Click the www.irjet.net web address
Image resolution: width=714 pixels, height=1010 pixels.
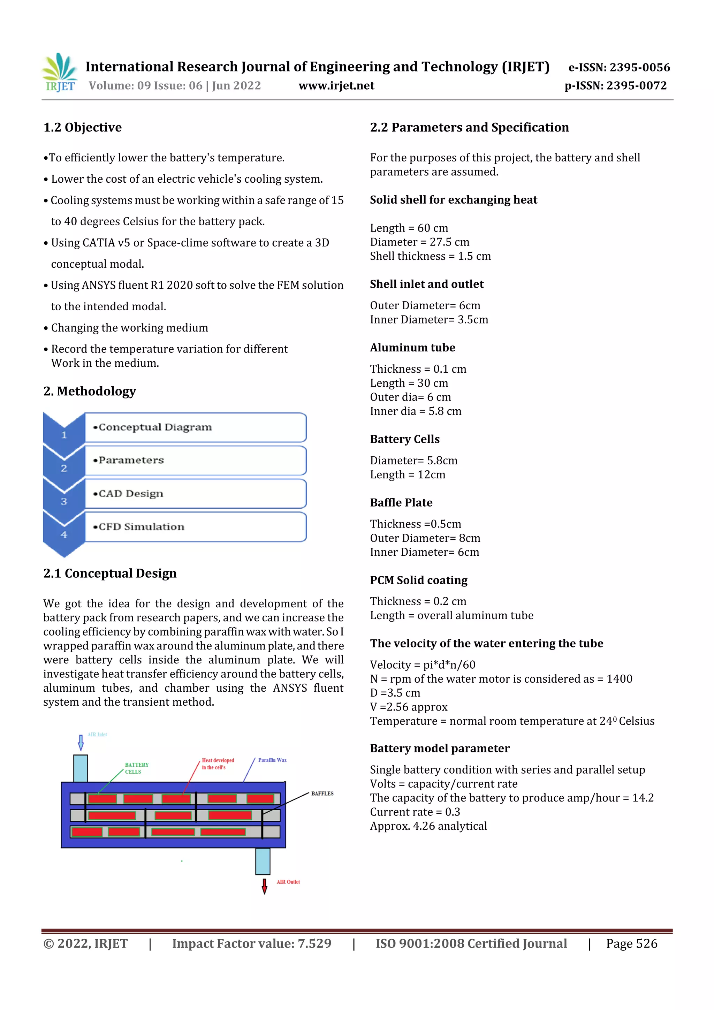tap(336, 86)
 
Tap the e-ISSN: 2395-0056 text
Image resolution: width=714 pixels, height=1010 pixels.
tap(619, 67)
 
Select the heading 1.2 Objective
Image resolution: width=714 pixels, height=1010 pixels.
tap(83, 128)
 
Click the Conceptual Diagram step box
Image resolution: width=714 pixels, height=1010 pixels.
tap(195, 427)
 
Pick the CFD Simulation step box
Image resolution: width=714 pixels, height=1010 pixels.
tap(195, 526)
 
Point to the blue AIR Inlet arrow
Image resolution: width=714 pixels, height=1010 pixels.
tap(81, 743)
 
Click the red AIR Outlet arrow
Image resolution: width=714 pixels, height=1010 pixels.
tap(264, 886)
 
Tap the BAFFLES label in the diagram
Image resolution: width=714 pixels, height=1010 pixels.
tap(322, 793)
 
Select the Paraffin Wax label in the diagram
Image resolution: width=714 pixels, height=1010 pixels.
tap(272, 760)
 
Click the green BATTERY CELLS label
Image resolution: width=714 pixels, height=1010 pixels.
tap(136, 768)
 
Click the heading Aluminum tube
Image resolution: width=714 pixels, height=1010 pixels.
tap(412, 348)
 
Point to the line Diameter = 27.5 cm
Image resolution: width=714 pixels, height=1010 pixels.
tap(419, 242)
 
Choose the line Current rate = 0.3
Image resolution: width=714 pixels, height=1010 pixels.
tap(415, 812)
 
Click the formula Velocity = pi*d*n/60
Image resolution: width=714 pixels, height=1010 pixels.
tap(422, 665)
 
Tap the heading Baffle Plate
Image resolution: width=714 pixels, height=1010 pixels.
tap(401, 502)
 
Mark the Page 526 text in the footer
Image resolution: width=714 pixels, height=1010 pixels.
tap(631, 943)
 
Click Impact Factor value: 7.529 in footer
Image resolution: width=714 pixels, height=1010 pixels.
tap(252, 943)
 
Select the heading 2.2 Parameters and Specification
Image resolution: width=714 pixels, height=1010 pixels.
tap(469, 128)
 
